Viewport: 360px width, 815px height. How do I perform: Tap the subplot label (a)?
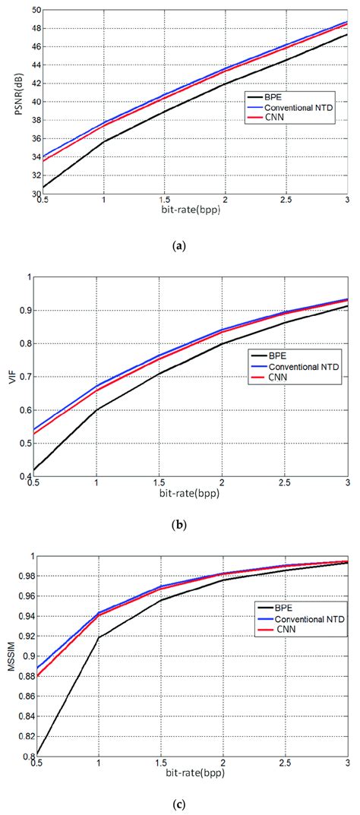tap(180, 245)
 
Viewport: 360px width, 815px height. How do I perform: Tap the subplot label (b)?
tap(180, 523)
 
